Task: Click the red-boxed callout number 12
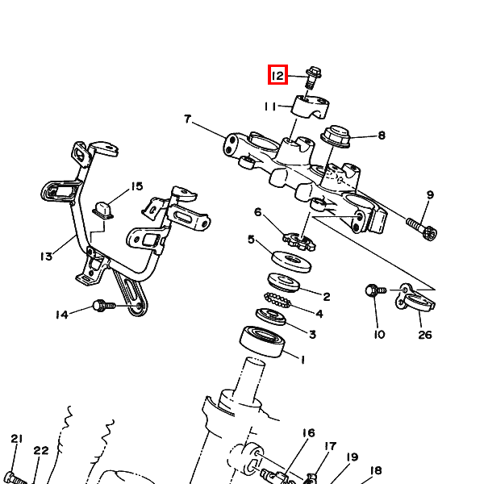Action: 277,75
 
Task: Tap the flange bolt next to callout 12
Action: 313,77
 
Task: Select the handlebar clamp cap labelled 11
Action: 311,107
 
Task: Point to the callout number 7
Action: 188,119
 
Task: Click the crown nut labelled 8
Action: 336,136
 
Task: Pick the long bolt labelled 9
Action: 422,229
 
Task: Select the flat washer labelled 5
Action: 291,262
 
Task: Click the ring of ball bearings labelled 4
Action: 277,300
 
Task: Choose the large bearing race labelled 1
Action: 262,341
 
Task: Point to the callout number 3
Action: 312,334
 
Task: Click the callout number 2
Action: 327,297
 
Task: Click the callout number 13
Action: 46,257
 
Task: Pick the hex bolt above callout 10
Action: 376,290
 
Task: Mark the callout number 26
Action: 425,335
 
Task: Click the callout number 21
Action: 17,438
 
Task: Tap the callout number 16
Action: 308,432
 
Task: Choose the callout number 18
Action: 376,470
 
